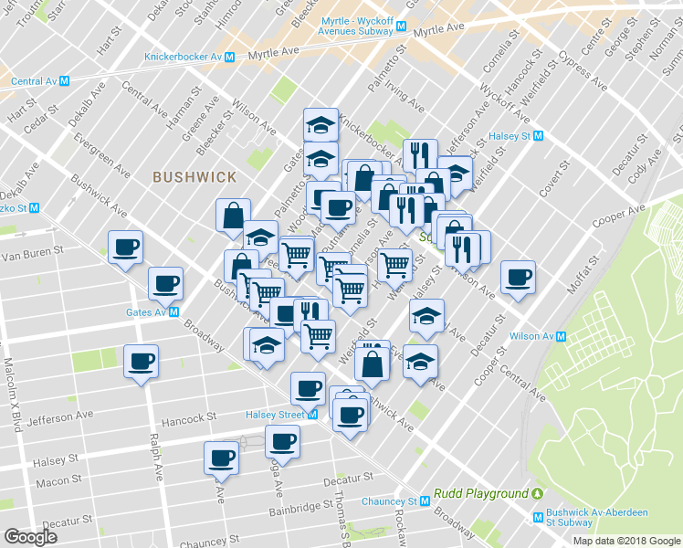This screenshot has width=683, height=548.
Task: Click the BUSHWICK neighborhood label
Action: coord(194,177)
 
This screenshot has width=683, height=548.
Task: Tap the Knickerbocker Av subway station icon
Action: coord(230,57)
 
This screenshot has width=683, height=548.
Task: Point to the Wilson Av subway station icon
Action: coord(562,336)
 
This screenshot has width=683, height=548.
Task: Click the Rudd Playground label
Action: coord(481,493)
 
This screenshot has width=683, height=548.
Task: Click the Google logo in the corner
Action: coord(30,536)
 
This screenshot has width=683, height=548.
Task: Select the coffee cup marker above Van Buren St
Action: coord(126,246)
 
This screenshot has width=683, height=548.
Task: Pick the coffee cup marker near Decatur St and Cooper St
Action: coord(518,277)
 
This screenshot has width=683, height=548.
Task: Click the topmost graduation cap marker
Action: coord(320,124)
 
